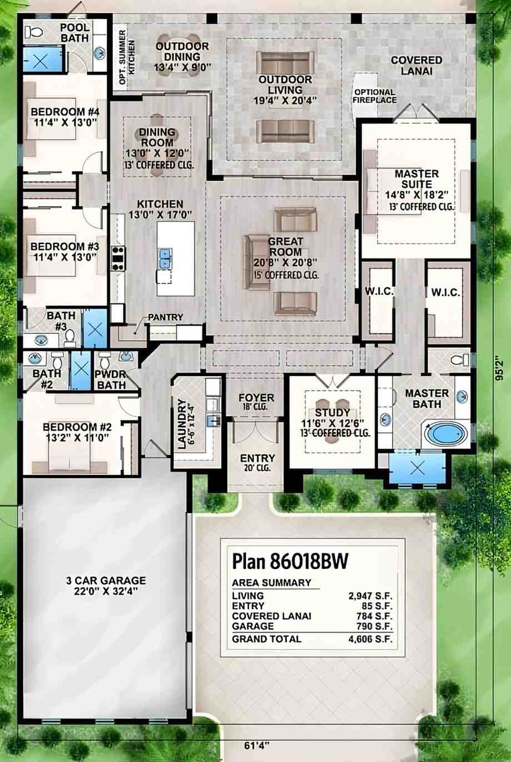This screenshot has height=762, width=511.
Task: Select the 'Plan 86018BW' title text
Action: [290, 561]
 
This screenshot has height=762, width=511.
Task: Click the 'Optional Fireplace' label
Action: [374, 96]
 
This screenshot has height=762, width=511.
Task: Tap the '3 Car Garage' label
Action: [106, 580]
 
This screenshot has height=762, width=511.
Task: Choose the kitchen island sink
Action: [165, 256]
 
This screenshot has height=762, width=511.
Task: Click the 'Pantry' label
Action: [166, 317]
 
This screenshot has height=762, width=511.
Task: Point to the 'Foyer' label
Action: [256, 398]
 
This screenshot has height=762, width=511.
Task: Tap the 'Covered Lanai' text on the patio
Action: [417, 66]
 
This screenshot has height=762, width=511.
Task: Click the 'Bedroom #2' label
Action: [77, 427]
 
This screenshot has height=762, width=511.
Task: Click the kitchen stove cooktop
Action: [118, 257]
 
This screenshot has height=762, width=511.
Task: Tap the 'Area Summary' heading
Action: [271, 582]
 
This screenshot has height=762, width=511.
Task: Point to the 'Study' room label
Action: [332, 412]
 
